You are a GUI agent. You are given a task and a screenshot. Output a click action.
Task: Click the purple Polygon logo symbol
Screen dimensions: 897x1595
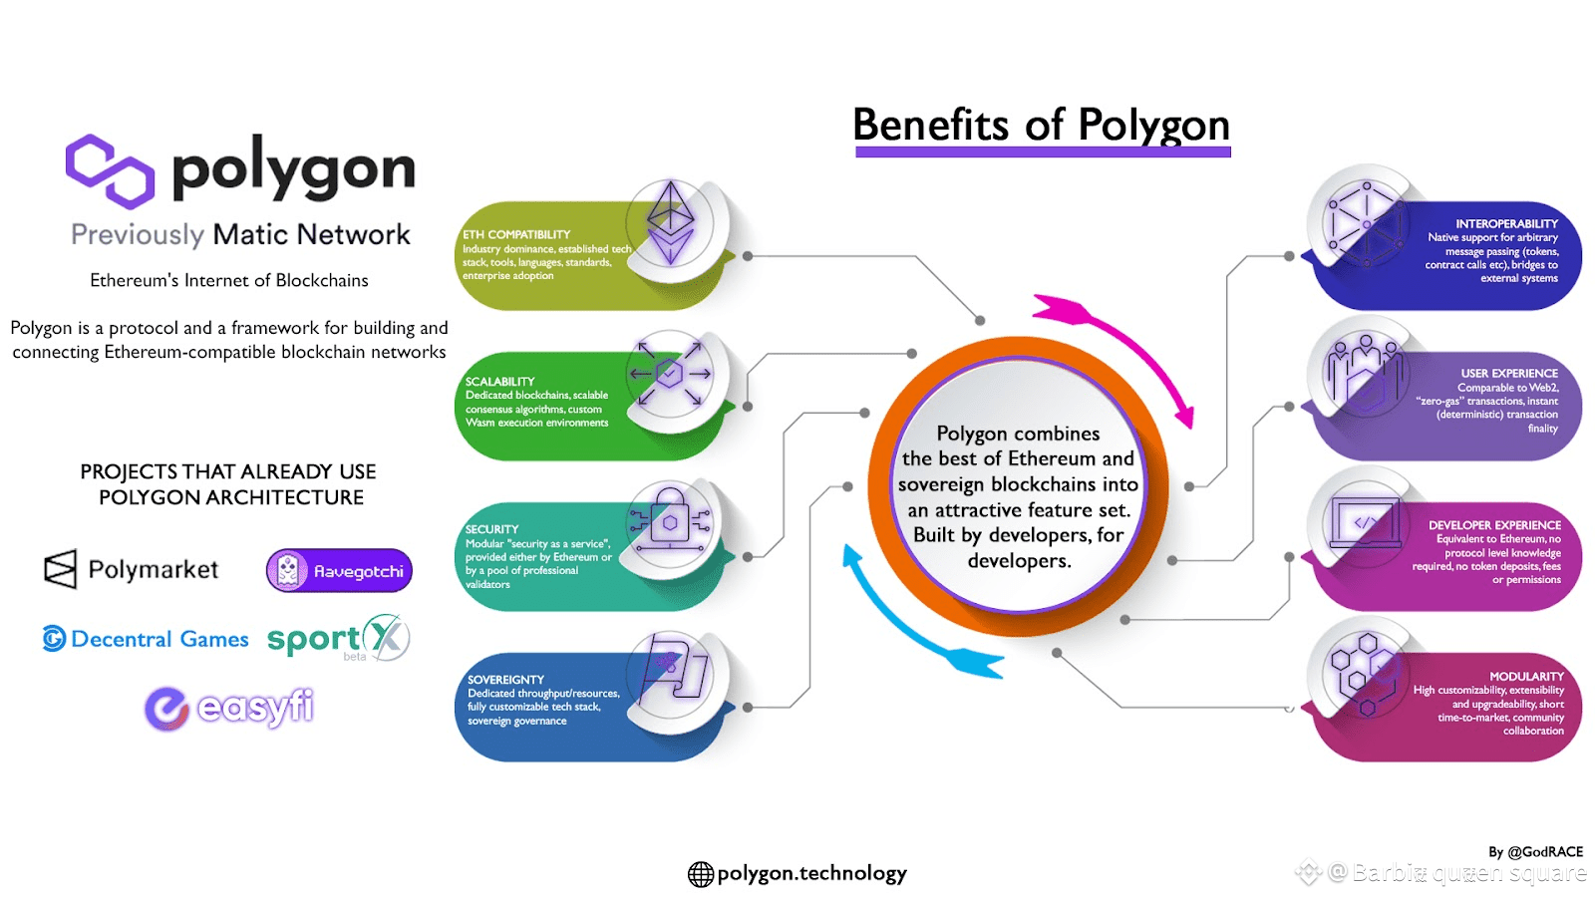[x=110, y=171]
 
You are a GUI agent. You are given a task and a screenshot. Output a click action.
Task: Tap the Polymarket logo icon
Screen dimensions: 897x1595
[x=60, y=569]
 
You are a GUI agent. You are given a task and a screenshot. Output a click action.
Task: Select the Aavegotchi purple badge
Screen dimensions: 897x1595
[x=339, y=571]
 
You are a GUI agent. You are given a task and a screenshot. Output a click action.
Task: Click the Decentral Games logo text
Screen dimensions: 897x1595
[x=159, y=639]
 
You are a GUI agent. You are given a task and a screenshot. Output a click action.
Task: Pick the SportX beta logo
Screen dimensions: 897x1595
[x=338, y=639]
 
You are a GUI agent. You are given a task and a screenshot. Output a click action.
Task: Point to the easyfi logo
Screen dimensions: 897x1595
[x=229, y=708]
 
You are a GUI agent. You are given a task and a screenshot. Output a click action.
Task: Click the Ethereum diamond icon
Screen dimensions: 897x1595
[x=671, y=221]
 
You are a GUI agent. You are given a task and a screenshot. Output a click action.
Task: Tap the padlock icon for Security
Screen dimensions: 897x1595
[x=671, y=517]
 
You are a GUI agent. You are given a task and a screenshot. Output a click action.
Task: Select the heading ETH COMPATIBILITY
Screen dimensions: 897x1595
[x=516, y=235]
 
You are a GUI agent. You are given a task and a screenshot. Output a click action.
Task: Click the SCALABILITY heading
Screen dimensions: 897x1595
[x=499, y=382]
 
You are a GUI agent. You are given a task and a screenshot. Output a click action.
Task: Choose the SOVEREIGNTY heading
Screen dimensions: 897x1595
[x=505, y=680]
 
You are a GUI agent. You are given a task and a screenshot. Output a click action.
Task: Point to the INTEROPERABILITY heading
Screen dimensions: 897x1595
[x=1506, y=224]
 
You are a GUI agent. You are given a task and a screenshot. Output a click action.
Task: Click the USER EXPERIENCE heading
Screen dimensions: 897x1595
[x=1509, y=374]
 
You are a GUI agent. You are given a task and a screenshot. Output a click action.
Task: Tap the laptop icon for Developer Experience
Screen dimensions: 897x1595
[x=1364, y=521]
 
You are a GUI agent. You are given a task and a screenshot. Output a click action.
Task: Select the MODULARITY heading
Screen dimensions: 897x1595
[x=1526, y=677]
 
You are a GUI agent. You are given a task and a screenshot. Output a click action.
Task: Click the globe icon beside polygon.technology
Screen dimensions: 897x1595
[x=701, y=874]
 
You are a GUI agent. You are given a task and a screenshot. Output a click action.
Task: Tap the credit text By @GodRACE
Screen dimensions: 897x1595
[x=1535, y=852]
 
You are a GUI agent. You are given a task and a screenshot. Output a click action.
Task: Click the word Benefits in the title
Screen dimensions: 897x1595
[x=930, y=127]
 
